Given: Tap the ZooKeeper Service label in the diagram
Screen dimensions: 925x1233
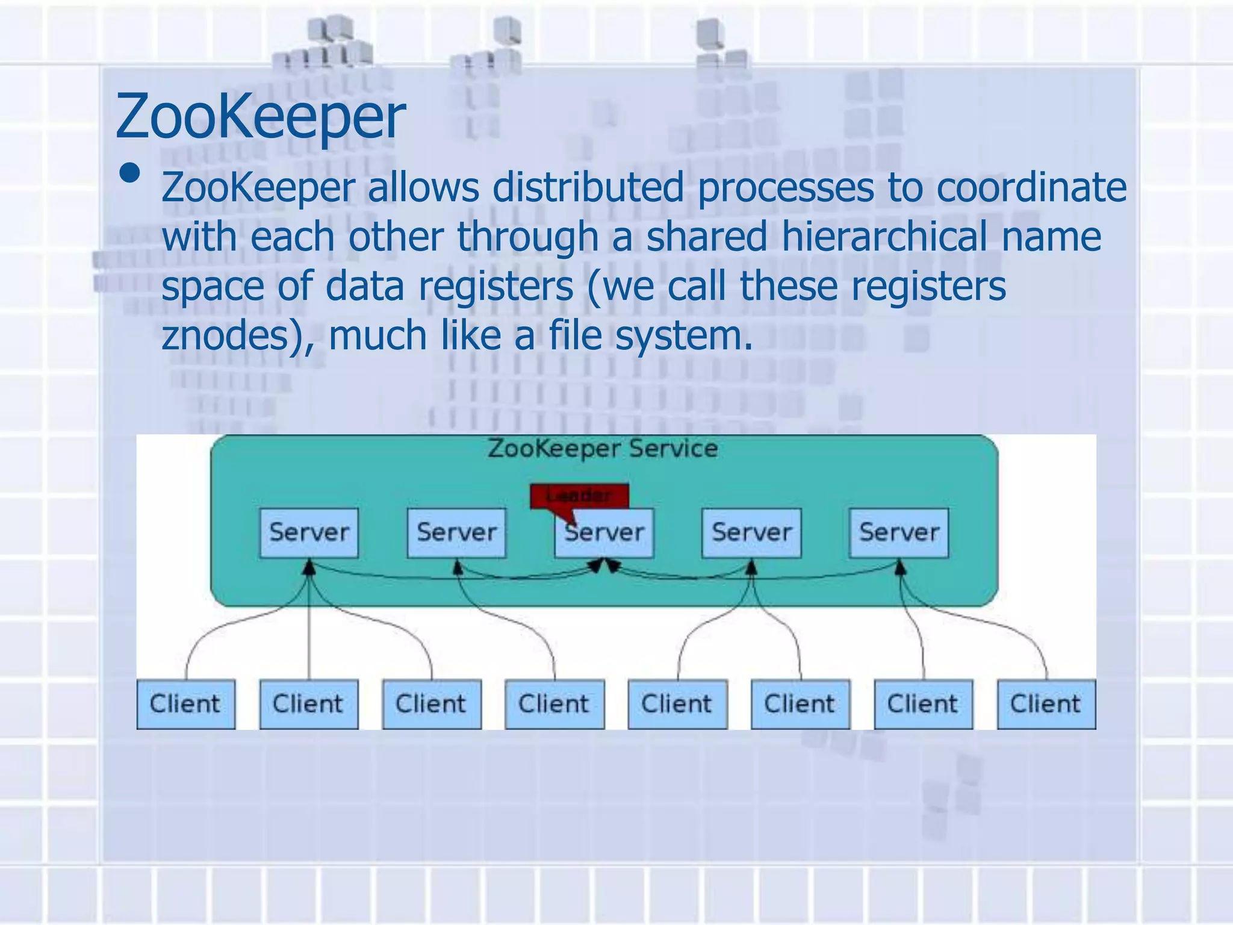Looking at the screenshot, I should pos(603,449).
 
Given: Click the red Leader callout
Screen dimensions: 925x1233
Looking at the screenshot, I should pos(579,496).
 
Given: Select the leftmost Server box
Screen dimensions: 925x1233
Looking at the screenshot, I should pos(309,532).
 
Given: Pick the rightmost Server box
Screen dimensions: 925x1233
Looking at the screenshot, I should pos(899,532).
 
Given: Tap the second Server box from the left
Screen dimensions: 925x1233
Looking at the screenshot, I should pos(456,532).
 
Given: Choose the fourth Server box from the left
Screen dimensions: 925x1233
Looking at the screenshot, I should pos(751,532).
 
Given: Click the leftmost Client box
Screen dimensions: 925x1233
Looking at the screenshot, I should pos(185,704).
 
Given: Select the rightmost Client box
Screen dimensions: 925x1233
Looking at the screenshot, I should pos(1046,704).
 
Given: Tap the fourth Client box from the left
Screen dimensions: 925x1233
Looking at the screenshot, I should pos(554,704).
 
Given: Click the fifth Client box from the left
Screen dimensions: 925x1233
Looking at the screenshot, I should pos(677,704).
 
